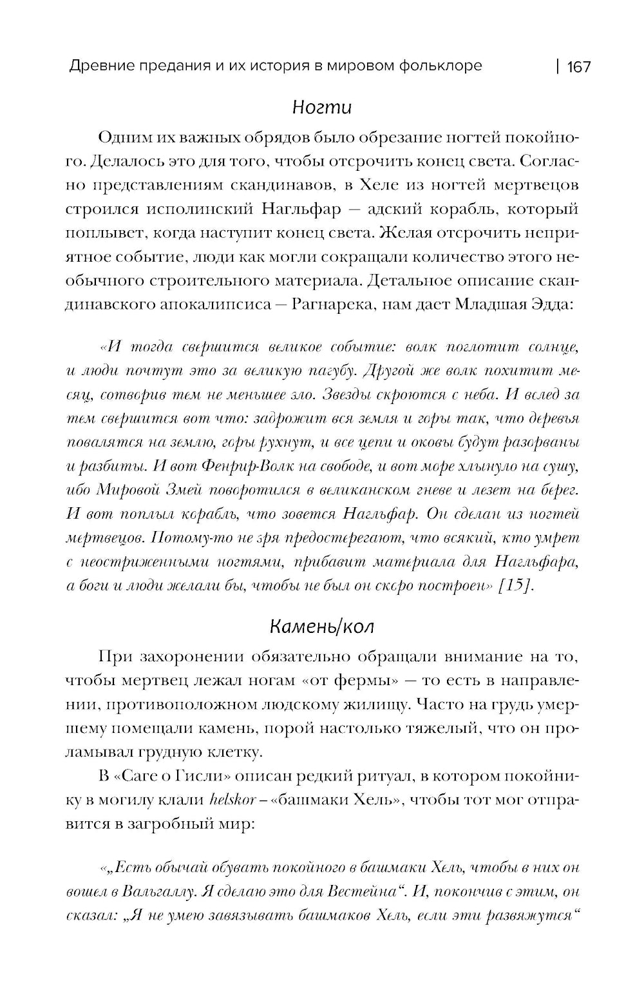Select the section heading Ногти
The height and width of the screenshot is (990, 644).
pyautogui.click(x=321, y=106)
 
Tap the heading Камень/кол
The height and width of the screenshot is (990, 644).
pyautogui.click(x=321, y=626)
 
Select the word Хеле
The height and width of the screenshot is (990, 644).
pyautogui.click(x=373, y=186)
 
